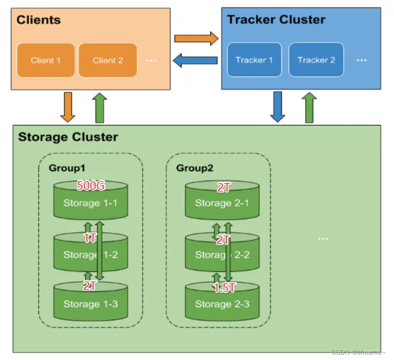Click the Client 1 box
(x=46, y=60)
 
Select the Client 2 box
(x=108, y=60)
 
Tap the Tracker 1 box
(x=254, y=60)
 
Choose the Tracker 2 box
(x=316, y=60)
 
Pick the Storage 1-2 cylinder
(x=91, y=254)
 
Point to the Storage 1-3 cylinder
(x=91, y=303)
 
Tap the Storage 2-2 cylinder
(x=222, y=254)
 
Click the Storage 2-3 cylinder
(x=222, y=303)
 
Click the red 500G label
(x=91, y=186)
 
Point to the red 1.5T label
(x=224, y=288)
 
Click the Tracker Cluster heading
(x=276, y=20)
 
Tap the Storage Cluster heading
(x=68, y=136)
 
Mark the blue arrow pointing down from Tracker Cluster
(x=278, y=106)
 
